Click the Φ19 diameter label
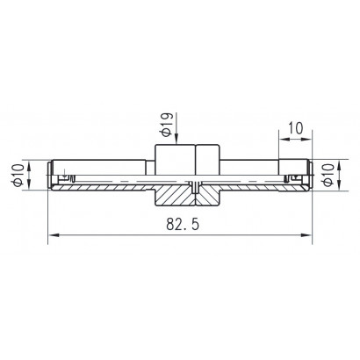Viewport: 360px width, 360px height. coord(166,125)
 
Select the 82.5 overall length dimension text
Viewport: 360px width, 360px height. coord(183,225)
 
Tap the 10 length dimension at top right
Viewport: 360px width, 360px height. coord(296,128)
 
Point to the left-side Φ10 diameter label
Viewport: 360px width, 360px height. coord(18,175)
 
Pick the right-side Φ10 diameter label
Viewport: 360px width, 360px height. coord(328,175)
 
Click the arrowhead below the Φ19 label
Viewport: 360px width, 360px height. coord(176,140)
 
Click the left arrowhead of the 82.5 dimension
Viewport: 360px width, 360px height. coord(54,234)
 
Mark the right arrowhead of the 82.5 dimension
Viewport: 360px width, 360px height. coord(306,234)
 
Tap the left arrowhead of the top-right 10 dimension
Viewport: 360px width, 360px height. coord(284,140)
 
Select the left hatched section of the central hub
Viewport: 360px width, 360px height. coord(175,196)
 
